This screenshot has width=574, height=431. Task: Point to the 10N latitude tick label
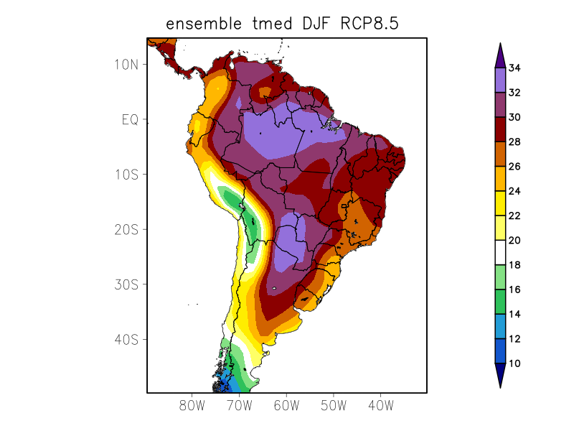126,64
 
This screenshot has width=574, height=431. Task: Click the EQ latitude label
130,119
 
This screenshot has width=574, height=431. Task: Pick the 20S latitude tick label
126,229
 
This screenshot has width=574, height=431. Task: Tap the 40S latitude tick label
126,339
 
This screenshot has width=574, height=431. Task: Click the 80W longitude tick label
192,405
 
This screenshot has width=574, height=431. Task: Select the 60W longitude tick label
286,405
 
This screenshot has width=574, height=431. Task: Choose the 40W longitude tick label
380,405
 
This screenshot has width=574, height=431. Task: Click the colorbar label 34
514,68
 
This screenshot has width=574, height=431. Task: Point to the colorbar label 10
514,363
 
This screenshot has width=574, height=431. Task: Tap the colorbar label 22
514,215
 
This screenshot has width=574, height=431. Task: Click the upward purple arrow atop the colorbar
500,56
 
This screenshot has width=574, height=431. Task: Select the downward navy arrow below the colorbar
500,374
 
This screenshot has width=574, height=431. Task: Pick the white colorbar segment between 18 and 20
500,253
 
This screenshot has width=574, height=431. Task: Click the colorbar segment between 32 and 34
500,80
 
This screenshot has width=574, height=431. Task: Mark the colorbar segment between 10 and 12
500,351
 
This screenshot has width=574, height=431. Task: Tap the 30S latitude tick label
126,284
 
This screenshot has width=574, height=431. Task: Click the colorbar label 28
514,142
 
